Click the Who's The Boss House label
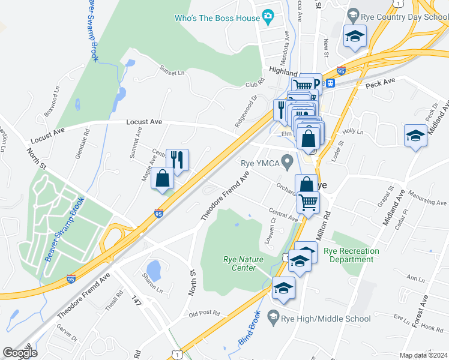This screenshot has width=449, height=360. click(217, 18)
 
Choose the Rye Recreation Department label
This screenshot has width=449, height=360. click(351, 255)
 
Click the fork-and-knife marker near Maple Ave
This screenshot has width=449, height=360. click(177, 160)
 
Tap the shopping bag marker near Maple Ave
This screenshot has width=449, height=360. click(163, 179)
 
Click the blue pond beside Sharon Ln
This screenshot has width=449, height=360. click(154, 271)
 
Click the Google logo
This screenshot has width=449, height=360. click(20, 353)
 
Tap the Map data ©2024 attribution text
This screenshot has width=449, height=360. click(423, 355)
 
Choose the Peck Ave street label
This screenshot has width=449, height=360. click(381, 80)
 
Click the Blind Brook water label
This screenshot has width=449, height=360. click(251, 328)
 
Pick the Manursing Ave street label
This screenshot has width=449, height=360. click(427, 199)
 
